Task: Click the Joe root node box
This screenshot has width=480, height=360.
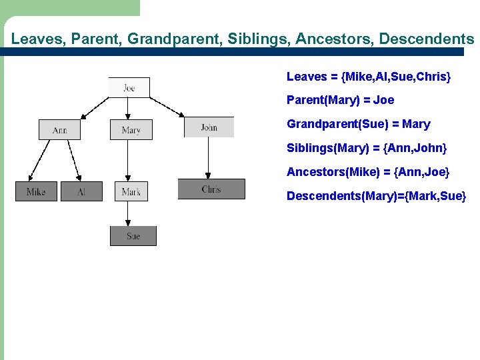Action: click(x=129, y=87)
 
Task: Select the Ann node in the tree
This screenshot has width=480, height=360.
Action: click(x=59, y=129)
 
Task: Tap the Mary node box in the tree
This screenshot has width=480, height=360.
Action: click(x=131, y=129)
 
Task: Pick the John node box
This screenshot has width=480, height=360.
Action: click(x=209, y=127)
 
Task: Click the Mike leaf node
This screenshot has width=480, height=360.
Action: click(x=36, y=191)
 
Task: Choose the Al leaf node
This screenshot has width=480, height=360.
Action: click(x=81, y=191)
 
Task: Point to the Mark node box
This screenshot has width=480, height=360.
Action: click(x=131, y=191)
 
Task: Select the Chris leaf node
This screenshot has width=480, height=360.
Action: click(x=211, y=189)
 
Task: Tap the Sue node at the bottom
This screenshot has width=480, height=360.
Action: click(x=133, y=236)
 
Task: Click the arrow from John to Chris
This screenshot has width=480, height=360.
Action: click(x=209, y=159)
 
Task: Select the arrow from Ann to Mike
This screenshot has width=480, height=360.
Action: click(x=41, y=161)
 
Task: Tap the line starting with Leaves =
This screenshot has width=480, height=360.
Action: click(x=369, y=77)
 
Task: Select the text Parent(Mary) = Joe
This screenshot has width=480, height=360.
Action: click(x=340, y=100)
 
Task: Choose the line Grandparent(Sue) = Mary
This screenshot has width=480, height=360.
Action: click(x=358, y=124)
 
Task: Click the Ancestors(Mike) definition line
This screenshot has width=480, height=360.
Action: click(x=368, y=172)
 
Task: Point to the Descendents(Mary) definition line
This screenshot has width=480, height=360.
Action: click(x=376, y=196)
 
